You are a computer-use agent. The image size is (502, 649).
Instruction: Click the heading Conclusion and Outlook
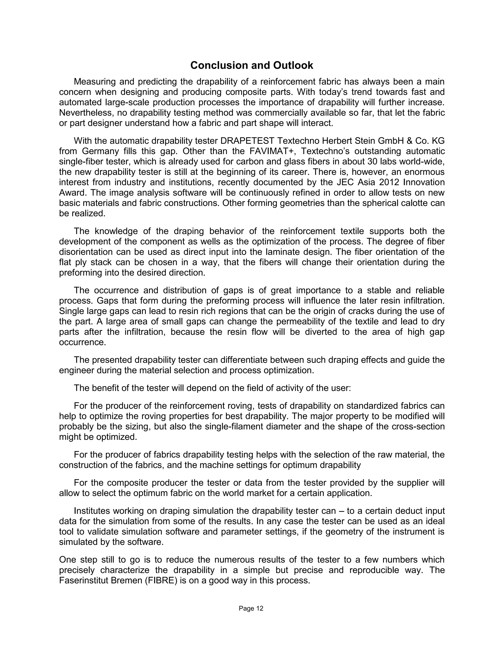point(251,65)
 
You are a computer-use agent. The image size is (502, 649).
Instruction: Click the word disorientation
point(85,252)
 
